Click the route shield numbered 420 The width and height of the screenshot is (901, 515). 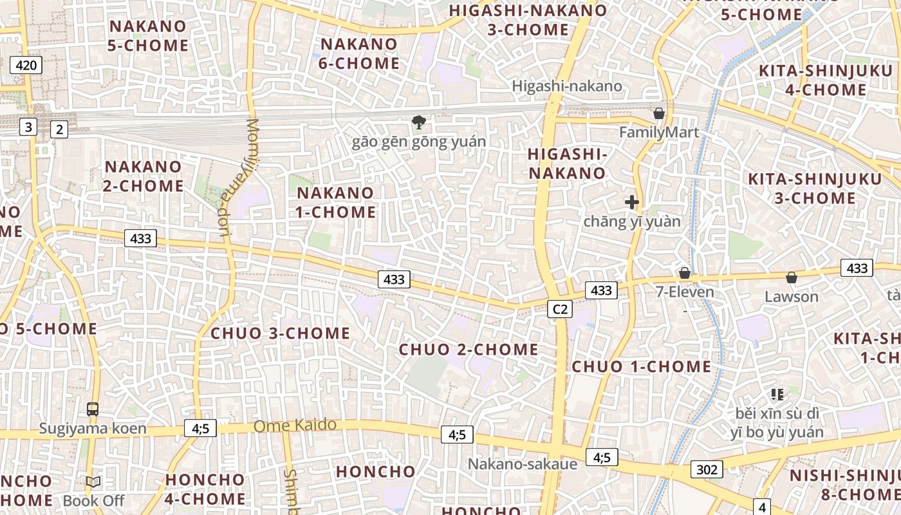(26, 64)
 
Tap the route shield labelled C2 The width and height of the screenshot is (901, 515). (560, 310)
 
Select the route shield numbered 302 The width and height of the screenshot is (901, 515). (707, 469)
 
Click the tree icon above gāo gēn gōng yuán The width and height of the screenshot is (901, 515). (418, 122)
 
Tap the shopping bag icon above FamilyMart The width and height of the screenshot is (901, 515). (659, 114)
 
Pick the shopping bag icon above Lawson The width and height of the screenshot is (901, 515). (792, 277)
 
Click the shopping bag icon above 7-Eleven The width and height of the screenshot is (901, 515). (685, 273)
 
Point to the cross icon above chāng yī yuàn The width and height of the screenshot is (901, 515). (632, 202)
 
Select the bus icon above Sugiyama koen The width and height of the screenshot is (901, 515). (93, 409)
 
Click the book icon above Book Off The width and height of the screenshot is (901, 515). (93, 482)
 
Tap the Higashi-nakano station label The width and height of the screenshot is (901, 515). (567, 86)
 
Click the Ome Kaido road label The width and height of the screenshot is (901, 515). (295, 426)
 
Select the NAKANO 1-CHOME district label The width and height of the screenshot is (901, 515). (335, 202)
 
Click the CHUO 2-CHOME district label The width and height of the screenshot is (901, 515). (469, 350)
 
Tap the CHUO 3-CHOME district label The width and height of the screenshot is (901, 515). (281, 333)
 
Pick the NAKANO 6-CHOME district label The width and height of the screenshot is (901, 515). (360, 53)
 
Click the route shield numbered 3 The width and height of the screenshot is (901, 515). (28, 127)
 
